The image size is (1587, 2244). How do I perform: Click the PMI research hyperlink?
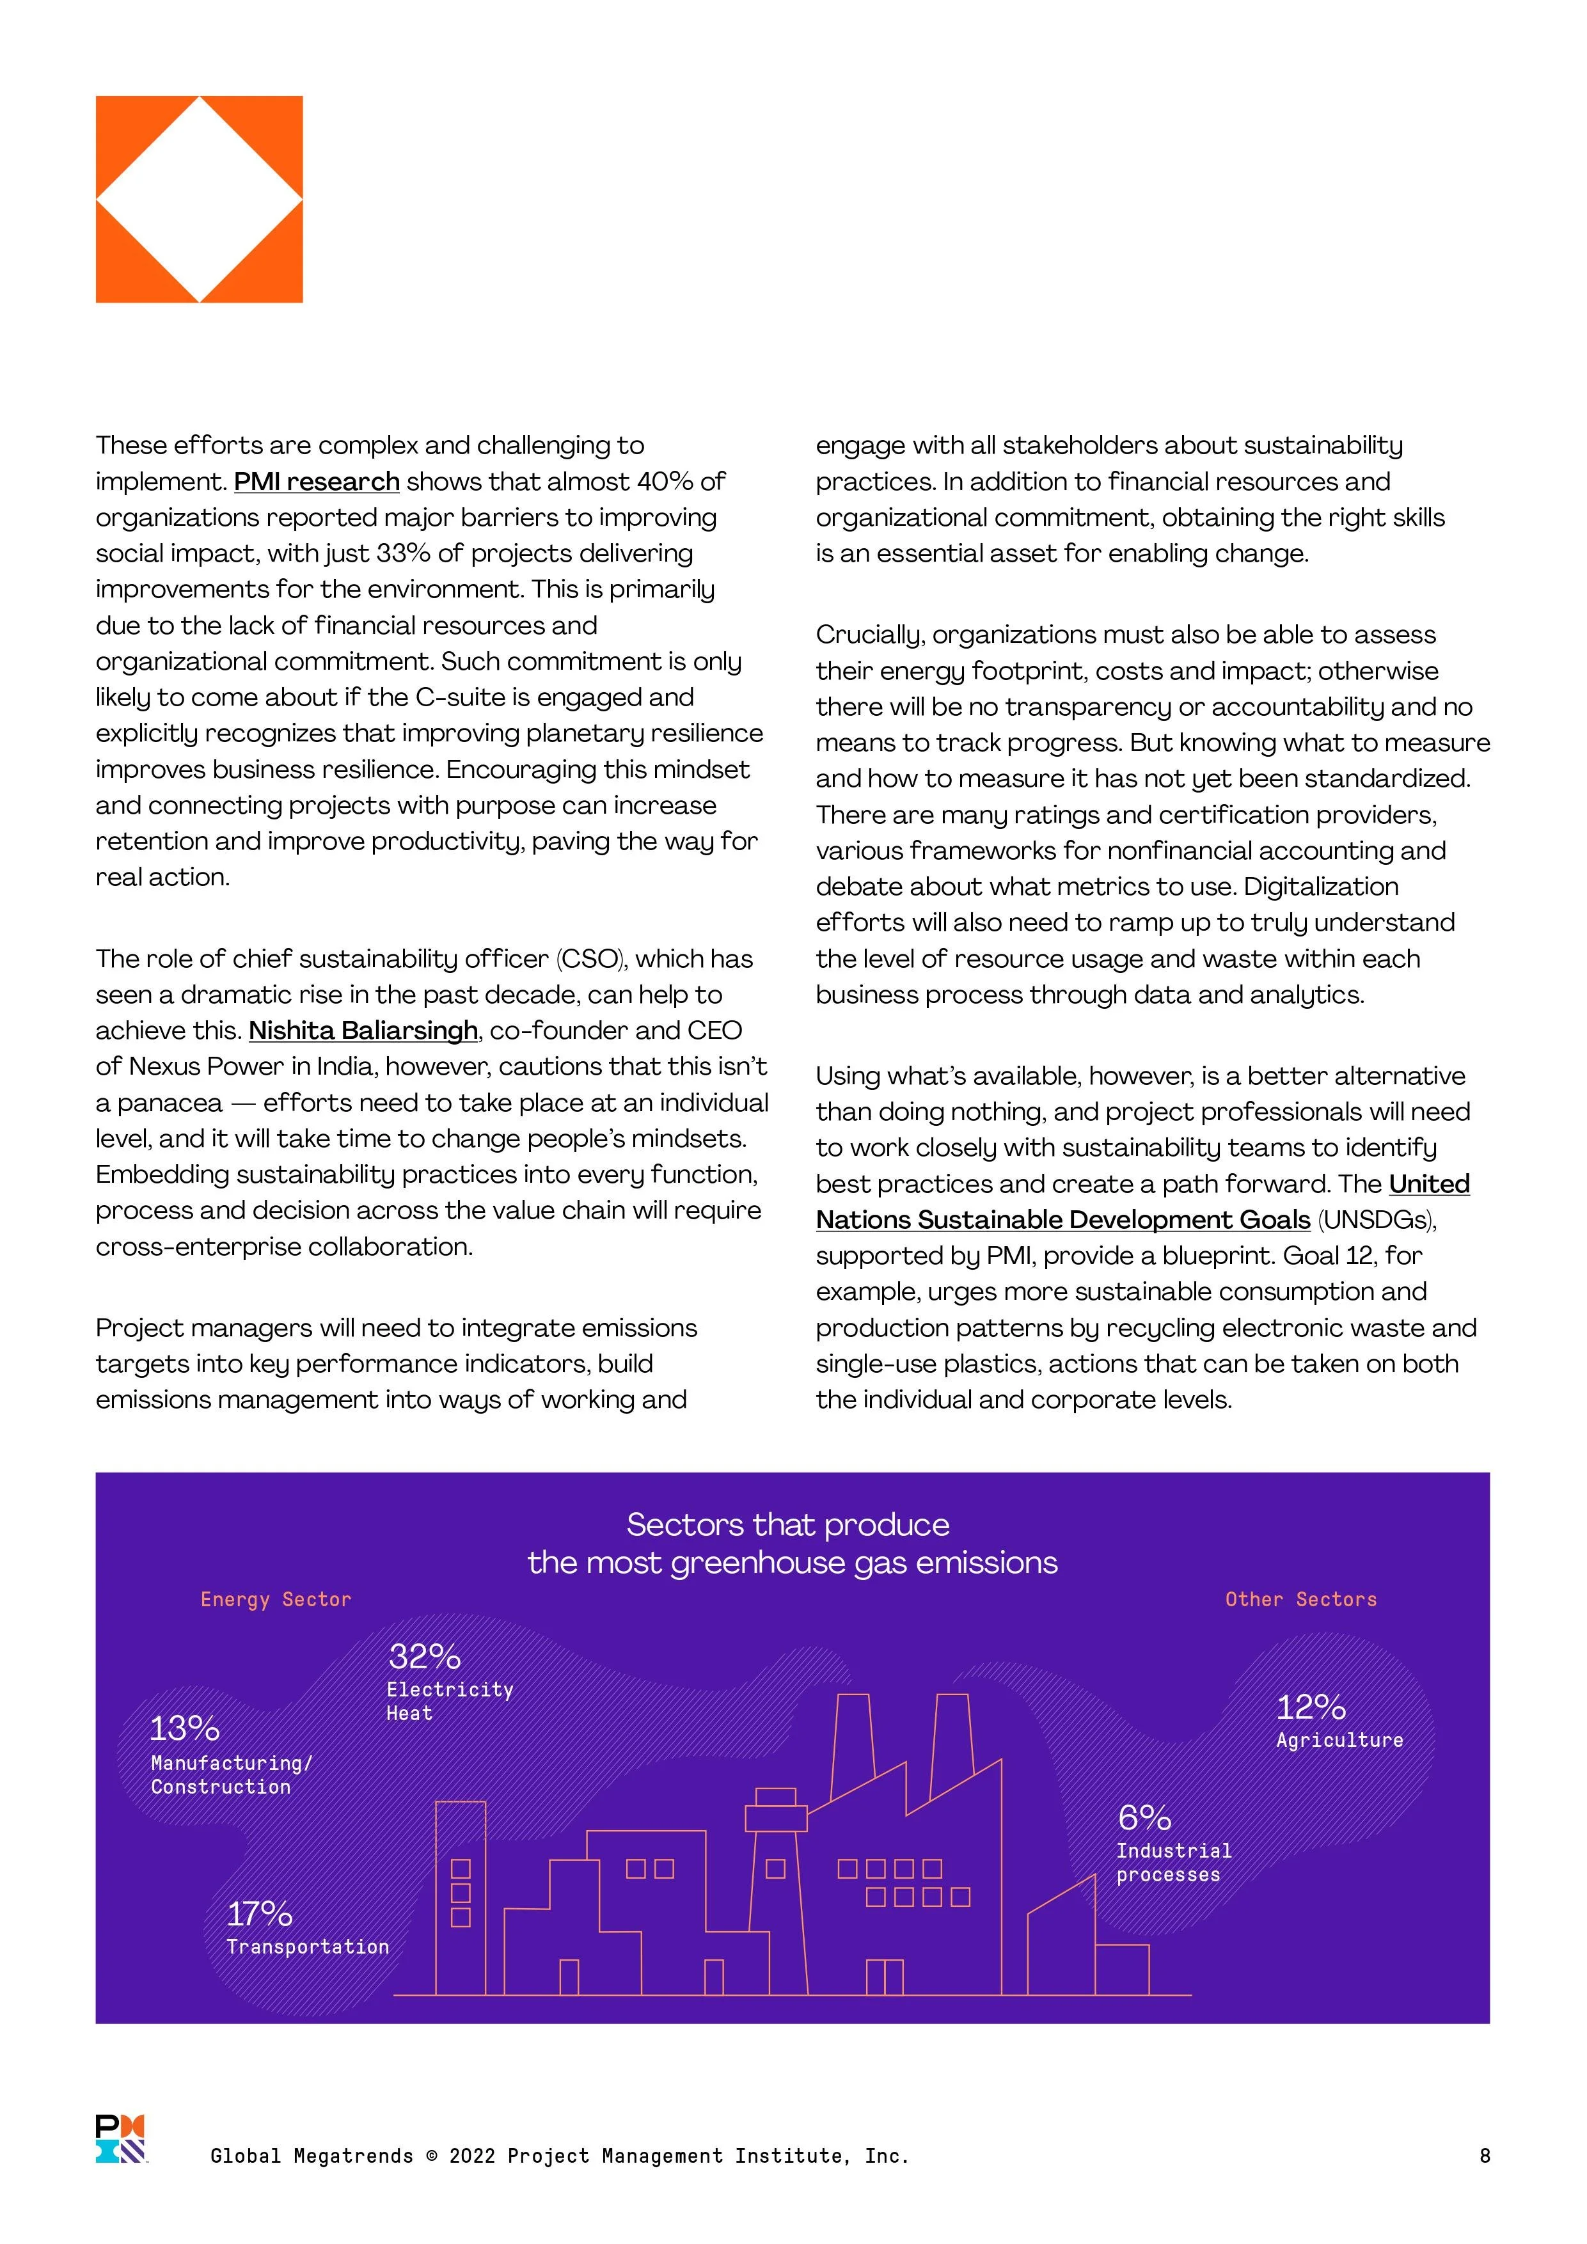pyautogui.click(x=317, y=482)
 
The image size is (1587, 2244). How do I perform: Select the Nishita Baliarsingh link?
pyautogui.click(x=363, y=1031)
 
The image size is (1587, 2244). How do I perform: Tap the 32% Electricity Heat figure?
pyautogui.click(x=424, y=1657)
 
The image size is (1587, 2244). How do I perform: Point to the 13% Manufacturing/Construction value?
pyautogui.click(x=184, y=1729)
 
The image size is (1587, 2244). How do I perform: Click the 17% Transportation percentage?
pyautogui.click(x=259, y=1914)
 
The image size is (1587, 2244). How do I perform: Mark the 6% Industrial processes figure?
pyautogui.click(x=1144, y=1818)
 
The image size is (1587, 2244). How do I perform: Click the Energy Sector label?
pyautogui.click(x=276, y=1600)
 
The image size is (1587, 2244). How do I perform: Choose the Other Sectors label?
pyautogui.click(x=1300, y=1600)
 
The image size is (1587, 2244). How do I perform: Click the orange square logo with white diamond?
pyautogui.click(x=200, y=200)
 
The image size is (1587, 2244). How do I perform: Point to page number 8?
pyautogui.click(x=1485, y=2156)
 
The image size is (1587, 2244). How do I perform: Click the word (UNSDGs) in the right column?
pyautogui.click(x=1376, y=1221)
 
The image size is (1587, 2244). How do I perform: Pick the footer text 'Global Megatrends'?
pyautogui.click(x=312, y=2156)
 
